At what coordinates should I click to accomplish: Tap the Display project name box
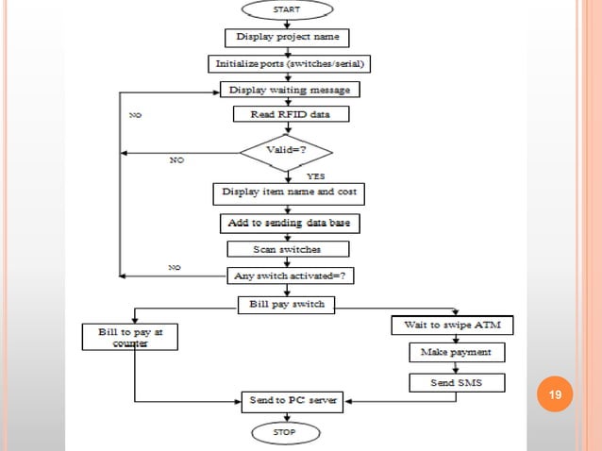pos(287,38)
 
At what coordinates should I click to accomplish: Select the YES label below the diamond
pos(317,176)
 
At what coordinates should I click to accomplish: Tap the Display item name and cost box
pos(288,192)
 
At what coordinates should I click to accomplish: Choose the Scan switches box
pos(288,249)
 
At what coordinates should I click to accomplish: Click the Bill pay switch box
pos(286,305)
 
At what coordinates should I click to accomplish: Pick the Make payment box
pos(456,352)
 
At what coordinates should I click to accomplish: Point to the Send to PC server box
pos(288,401)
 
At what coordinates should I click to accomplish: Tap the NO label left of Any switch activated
pos(174,268)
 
